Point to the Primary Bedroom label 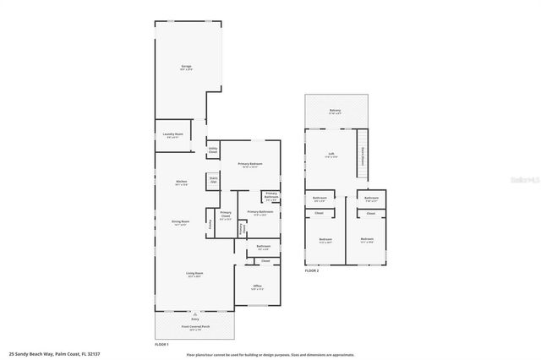pyautogui.click(x=249, y=164)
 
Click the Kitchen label pyautogui.click(x=181, y=182)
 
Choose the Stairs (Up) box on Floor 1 pyautogui.click(x=213, y=180)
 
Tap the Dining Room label pyautogui.click(x=181, y=222)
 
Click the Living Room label pyautogui.click(x=194, y=274)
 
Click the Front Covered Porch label pyautogui.click(x=195, y=326)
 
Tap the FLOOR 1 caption pyautogui.click(x=161, y=344)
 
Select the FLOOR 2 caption pyautogui.click(x=312, y=270)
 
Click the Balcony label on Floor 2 pyautogui.click(x=335, y=111)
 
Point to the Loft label pyautogui.click(x=332, y=154)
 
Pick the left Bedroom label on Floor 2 pyautogui.click(x=325, y=240)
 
